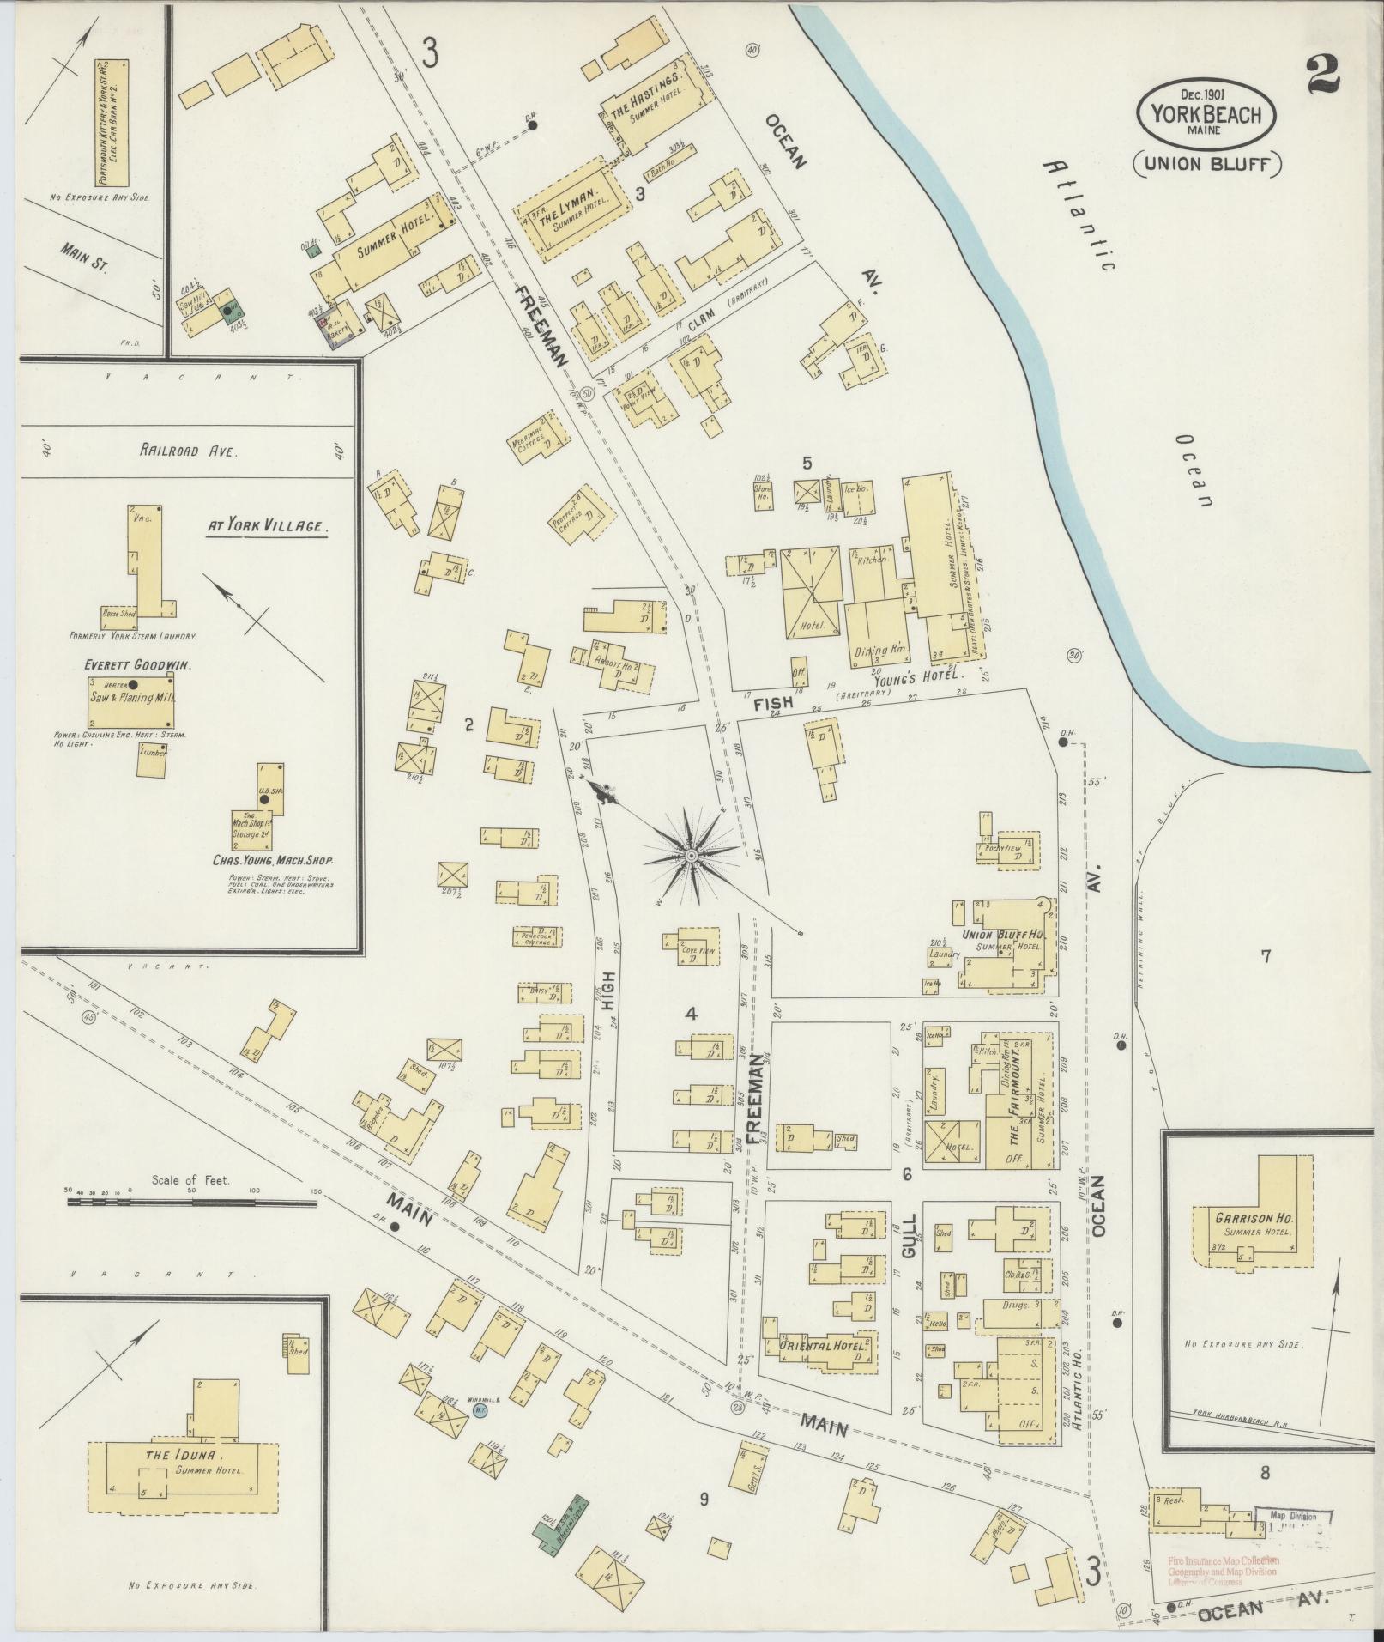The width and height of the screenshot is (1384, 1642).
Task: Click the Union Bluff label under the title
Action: [x=1206, y=163]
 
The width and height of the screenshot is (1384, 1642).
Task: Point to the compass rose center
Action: [x=689, y=856]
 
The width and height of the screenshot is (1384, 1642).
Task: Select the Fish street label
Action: [x=771, y=703]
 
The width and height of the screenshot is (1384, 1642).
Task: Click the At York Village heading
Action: [x=267, y=527]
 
